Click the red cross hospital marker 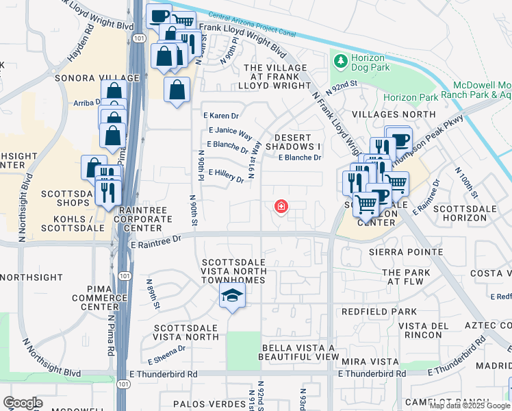click(280, 206)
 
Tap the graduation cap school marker click(233, 296)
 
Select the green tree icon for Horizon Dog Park click(340, 62)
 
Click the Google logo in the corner click(23, 403)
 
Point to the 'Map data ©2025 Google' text click(470, 406)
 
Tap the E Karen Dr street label click(220, 116)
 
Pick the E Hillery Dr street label click(226, 176)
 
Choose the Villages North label click(394, 114)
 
